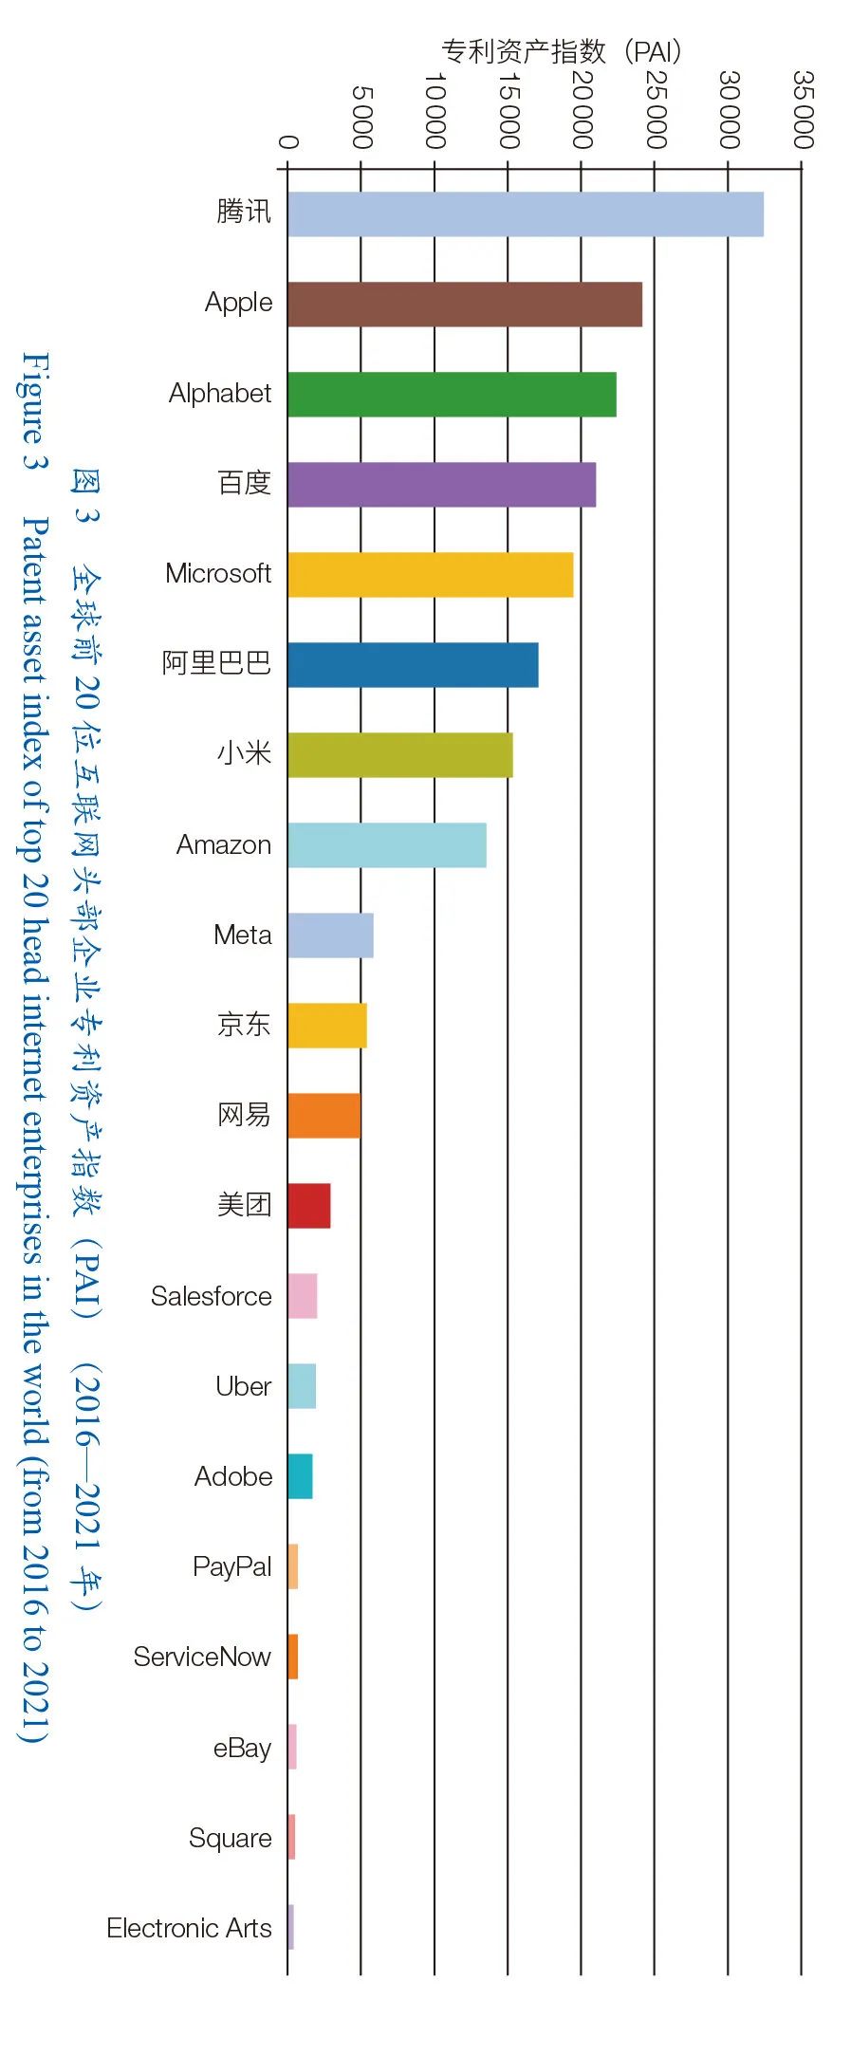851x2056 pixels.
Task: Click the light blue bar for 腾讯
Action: click(x=525, y=213)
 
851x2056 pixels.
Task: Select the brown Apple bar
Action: click(x=464, y=304)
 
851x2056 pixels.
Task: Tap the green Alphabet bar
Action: click(x=452, y=394)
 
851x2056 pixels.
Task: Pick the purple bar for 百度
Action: click(x=441, y=484)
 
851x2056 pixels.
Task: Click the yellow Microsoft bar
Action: click(x=430, y=574)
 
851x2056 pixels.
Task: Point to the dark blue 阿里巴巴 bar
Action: click(x=413, y=664)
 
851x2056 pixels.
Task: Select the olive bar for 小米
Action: click(x=399, y=754)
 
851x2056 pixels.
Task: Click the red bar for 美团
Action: click(x=308, y=1205)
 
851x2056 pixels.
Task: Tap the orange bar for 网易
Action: click(x=324, y=1115)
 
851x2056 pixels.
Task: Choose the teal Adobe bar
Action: click(x=300, y=1475)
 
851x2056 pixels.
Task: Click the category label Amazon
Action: click(x=224, y=844)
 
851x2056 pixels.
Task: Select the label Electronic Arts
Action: click(x=189, y=1927)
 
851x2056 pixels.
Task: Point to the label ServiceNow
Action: click(x=202, y=1657)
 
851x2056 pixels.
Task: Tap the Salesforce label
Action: click(x=211, y=1296)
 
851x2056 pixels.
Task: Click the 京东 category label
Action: click(x=244, y=1025)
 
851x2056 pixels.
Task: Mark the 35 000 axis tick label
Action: click(x=803, y=109)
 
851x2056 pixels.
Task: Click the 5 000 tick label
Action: click(x=361, y=117)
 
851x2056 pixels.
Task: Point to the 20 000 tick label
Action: click(x=582, y=109)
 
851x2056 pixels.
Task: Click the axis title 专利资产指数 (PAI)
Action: click(x=561, y=50)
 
